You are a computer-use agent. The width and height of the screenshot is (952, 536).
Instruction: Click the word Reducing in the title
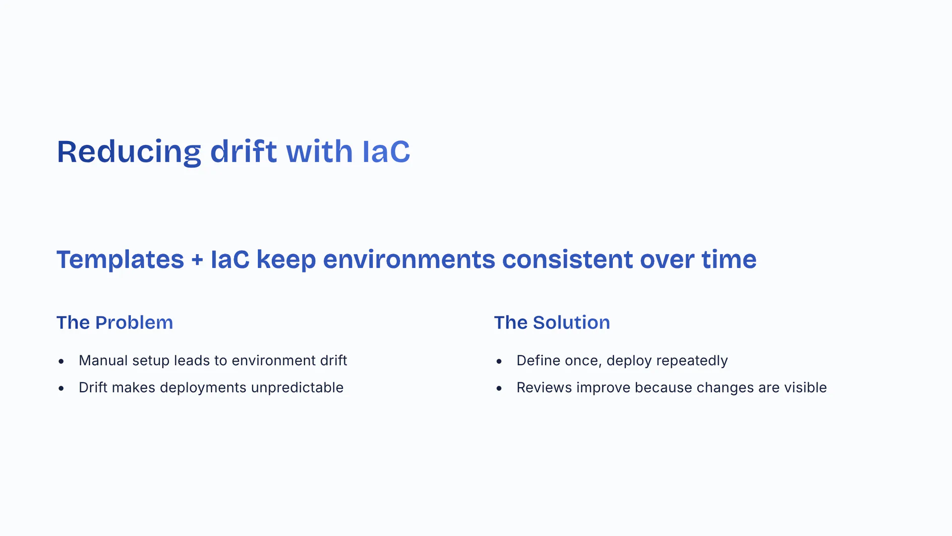pyautogui.click(x=129, y=152)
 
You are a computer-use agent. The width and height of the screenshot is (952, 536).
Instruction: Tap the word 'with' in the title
pyautogui.click(x=319, y=151)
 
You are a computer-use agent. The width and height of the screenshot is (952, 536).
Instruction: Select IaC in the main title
pyautogui.click(x=386, y=151)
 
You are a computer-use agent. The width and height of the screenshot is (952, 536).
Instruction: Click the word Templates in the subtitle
pyautogui.click(x=120, y=260)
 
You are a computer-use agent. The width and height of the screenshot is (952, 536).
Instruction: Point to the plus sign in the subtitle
pyautogui.click(x=197, y=260)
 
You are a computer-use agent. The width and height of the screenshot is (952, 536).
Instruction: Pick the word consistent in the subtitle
pyautogui.click(x=567, y=259)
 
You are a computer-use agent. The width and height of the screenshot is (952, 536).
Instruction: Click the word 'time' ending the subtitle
pyautogui.click(x=729, y=259)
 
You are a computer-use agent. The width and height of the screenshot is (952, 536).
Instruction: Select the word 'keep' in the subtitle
pyautogui.click(x=286, y=260)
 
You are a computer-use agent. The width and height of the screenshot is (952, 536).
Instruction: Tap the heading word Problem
pyautogui.click(x=134, y=323)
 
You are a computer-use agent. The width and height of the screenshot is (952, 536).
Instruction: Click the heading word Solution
pyautogui.click(x=571, y=323)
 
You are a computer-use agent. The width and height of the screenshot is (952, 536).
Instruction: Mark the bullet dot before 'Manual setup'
pyautogui.click(x=61, y=361)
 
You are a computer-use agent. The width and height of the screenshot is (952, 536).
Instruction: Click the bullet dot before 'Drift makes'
pyautogui.click(x=61, y=389)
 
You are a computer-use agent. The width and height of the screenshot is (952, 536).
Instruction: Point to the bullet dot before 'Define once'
pyautogui.click(x=499, y=361)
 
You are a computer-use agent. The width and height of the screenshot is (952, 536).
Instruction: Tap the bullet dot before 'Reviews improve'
pyautogui.click(x=499, y=389)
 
